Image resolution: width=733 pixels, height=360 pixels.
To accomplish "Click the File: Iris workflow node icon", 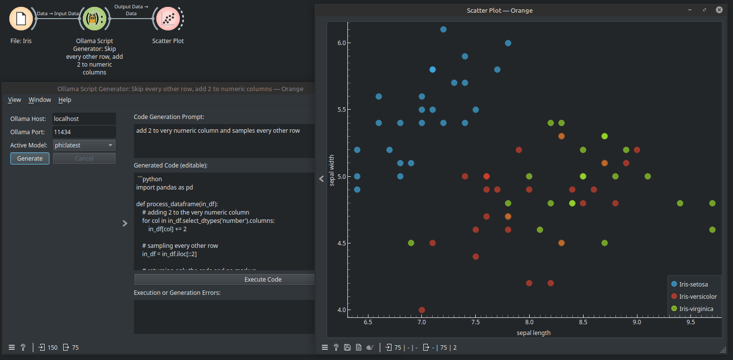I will pyautogui.click(x=21, y=19).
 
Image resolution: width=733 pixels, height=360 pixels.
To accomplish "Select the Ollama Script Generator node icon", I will pyautogui.click(x=94, y=19).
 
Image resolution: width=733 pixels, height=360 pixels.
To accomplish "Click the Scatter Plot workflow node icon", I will pyautogui.click(x=168, y=19).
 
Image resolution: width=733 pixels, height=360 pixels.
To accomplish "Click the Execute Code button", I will pyautogui.click(x=263, y=279).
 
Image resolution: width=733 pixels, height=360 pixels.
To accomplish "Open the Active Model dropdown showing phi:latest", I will pyautogui.click(x=84, y=145).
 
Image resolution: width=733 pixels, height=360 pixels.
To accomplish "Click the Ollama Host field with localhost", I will pyautogui.click(x=84, y=119).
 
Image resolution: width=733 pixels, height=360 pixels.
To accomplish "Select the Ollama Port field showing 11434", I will pyautogui.click(x=84, y=132).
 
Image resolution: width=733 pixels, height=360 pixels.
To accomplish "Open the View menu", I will pyautogui.click(x=15, y=99).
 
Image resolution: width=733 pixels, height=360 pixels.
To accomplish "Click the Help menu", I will pyautogui.click(x=65, y=99).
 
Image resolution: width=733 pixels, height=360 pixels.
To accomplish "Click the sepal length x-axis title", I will pyautogui.click(x=534, y=333).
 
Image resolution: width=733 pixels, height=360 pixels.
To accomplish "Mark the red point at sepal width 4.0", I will pyautogui.click(x=422, y=310).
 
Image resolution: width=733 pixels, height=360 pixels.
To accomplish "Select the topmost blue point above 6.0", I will pyautogui.click(x=443, y=29).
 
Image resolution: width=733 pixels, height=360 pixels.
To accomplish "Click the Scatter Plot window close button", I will pyautogui.click(x=719, y=10).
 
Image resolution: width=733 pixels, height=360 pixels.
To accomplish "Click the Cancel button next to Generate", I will pyautogui.click(x=84, y=158).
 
